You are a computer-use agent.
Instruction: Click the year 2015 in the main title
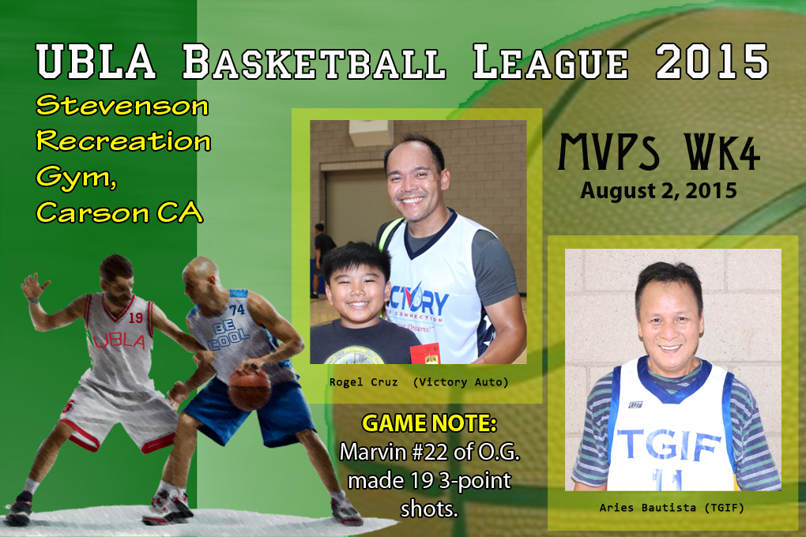712,62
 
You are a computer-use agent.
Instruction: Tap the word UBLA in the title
96,62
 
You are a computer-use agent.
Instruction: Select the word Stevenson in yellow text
122,106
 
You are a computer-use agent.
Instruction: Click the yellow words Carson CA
119,212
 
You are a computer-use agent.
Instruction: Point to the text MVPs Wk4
659,152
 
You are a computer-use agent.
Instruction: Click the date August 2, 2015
658,190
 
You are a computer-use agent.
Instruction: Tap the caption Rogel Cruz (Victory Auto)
419,381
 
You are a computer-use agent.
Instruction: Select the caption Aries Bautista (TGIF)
672,508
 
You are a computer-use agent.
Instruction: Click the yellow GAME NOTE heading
429,423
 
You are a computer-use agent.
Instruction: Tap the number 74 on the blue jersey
237,310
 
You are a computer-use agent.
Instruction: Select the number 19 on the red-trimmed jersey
136,317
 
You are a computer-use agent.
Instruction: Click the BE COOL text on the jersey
228,335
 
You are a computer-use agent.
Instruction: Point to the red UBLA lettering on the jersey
119,340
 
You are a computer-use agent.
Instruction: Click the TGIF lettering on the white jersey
669,445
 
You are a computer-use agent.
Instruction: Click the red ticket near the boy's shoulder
424,354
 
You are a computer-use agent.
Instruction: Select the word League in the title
550,62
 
